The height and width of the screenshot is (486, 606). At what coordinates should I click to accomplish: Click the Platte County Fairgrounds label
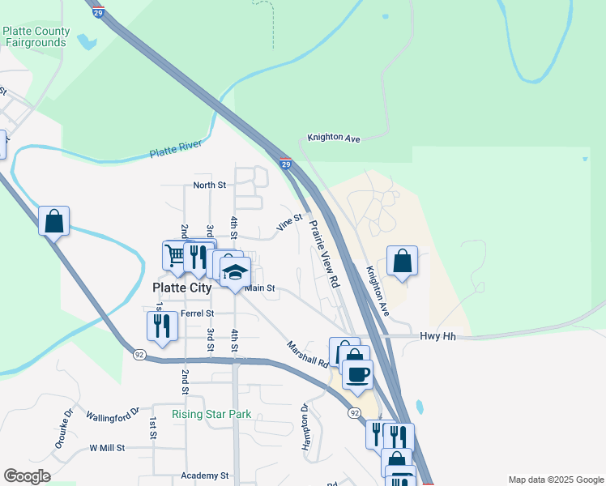(x=36, y=36)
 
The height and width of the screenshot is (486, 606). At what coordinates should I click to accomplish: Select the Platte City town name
(x=182, y=288)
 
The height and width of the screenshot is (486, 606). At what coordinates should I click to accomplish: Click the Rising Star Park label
(x=211, y=414)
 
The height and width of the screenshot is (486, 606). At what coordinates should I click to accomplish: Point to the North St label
(x=209, y=185)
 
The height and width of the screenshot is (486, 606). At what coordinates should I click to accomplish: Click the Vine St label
(x=289, y=222)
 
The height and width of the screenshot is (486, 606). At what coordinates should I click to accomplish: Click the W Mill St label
(x=107, y=447)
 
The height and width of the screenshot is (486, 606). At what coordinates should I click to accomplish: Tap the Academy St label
(x=206, y=476)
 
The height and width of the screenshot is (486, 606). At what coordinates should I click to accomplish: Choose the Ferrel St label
(x=197, y=313)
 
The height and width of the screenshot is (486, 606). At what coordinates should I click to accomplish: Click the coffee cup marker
(x=357, y=373)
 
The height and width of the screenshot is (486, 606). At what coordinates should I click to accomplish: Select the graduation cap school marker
(x=235, y=271)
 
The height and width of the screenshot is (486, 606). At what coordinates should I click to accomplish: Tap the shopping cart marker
(x=176, y=255)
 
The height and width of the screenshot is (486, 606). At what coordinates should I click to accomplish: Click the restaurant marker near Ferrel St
(x=162, y=326)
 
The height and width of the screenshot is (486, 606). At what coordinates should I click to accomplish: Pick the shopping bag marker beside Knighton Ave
(x=402, y=261)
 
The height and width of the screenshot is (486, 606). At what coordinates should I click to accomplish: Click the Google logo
(x=27, y=476)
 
